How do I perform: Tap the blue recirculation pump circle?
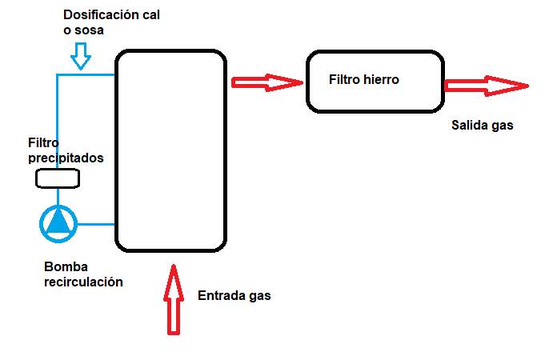point(58,223)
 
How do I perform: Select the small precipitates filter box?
point(58,180)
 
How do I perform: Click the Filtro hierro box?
point(375,81)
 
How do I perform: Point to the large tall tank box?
point(170,150)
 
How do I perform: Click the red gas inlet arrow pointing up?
point(174,299)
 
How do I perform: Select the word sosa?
point(90,30)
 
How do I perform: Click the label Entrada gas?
point(234,295)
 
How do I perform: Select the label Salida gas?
point(482,126)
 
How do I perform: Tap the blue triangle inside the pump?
point(58,222)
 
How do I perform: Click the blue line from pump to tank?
point(96,223)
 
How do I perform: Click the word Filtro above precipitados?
point(45,143)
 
